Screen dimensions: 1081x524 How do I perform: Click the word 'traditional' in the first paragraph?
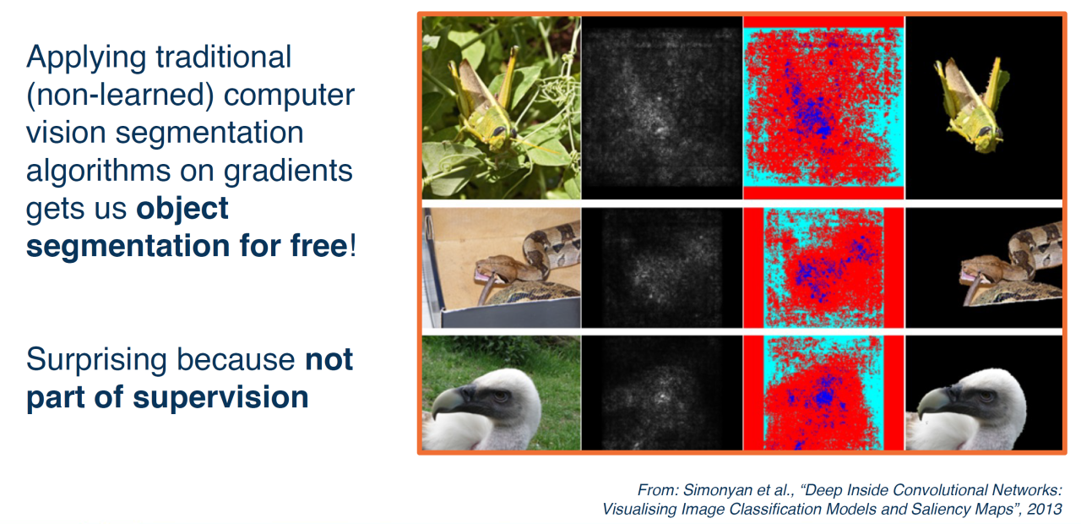(x=224, y=57)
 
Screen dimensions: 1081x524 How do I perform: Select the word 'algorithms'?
(x=120, y=172)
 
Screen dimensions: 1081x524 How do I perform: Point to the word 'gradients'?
(x=288, y=172)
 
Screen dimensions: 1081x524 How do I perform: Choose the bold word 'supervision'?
(x=220, y=397)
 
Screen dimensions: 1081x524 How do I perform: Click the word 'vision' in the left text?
(x=66, y=133)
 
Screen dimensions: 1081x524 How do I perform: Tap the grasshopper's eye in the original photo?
(x=499, y=130)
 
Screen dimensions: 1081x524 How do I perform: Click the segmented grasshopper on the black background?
(x=971, y=104)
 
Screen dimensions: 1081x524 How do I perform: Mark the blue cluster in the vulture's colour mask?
(x=823, y=397)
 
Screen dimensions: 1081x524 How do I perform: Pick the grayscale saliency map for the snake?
(x=662, y=268)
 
